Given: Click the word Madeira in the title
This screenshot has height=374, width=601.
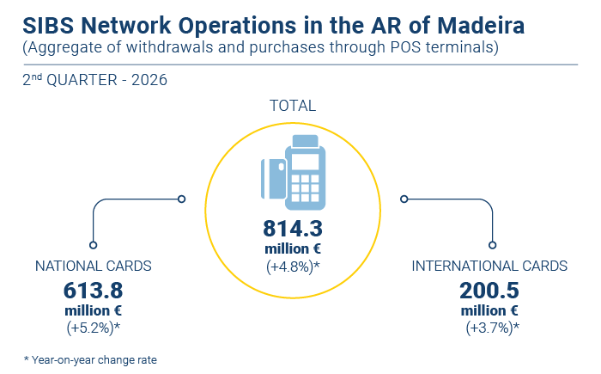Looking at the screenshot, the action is [481, 26].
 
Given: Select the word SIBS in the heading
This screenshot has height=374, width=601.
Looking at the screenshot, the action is [48, 26].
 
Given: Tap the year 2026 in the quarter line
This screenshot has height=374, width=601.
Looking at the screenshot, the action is [149, 80].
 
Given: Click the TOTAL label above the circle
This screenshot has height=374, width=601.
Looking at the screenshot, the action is [293, 106].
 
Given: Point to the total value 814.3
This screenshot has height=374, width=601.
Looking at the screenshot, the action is [293, 229].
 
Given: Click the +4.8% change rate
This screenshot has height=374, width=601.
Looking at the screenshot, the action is [293, 267].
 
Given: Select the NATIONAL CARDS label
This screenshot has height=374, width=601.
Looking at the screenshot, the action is [93, 266].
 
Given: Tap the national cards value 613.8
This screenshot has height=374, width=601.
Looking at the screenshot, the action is [93, 291].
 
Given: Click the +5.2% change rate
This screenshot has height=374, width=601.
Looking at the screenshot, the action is [93, 328].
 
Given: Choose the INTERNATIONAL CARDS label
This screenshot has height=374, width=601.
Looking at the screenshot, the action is [489, 266].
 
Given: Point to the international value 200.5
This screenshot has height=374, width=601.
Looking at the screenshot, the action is [489, 291].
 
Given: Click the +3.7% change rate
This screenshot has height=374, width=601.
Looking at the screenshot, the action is [493, 328].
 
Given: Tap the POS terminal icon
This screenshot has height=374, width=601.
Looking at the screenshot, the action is [294, 173].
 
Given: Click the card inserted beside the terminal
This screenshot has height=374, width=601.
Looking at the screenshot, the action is [273, 179].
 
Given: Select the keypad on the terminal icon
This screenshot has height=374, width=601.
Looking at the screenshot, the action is [305, 188].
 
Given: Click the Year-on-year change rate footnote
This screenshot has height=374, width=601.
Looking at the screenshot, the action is [90, 359].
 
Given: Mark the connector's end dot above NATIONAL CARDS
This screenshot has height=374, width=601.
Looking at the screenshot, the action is [93, 245].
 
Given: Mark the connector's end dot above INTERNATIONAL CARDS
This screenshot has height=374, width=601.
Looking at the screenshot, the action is [493, 245].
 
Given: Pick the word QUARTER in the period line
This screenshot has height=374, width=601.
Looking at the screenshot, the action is [82, 80].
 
